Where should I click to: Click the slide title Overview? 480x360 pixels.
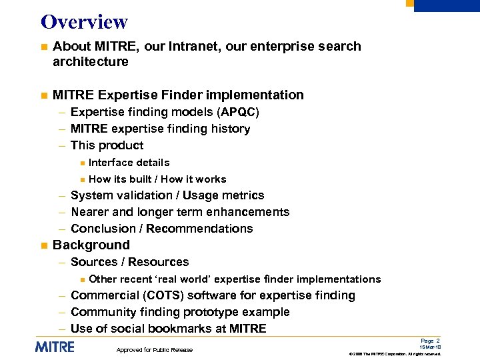pyautogui.click(x=84, y=21)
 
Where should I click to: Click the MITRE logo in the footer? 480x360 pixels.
pyautogui.click(x=55, y=347)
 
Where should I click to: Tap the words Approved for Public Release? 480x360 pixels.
pyautogui.click(x=154, y=350)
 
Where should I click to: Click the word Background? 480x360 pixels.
pyautogui.click(x=91, y=245)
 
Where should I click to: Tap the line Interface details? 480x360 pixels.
pyautogui.click(x=129, y=162)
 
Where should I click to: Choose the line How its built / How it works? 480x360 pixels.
pyautogui.click(x=157, y=179)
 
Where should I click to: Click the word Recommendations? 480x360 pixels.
pyautogui.click(x=199, y=229)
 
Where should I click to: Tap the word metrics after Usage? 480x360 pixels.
pyautogui.click(x=243, y=195)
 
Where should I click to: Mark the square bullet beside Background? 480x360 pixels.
pyautogui.click(x=43, y=246)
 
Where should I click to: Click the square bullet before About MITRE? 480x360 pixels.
pyautogui.click(x=43, y=47)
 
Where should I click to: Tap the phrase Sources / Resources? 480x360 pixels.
pyautogui.click(x=129, y=262)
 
